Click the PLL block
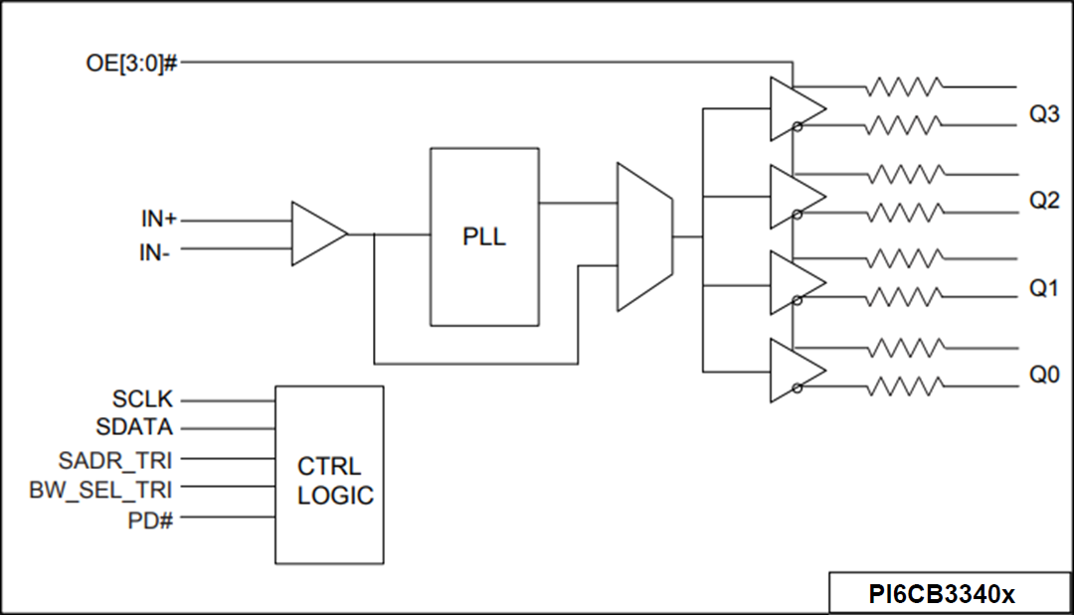[484, 236]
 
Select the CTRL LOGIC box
[329, 475]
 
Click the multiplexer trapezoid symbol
[644, 236]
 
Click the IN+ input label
[158, 219]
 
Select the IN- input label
[154, 252]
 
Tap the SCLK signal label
[142, 400]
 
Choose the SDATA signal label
[134, 428]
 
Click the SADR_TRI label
[115, 459]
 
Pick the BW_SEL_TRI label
[101, 489]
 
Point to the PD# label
[151, 519]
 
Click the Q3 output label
[1044, 115]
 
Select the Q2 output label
[1044, 201]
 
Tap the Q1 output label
[1044, 289]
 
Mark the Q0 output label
[1044, 376]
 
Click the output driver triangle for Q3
[794, 109]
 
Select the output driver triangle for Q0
[794, 371]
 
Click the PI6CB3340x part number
[942, 595]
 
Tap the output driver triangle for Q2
[794, 196]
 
